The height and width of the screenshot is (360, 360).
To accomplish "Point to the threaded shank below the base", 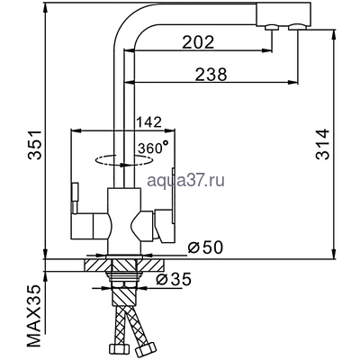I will coord(122,283).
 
